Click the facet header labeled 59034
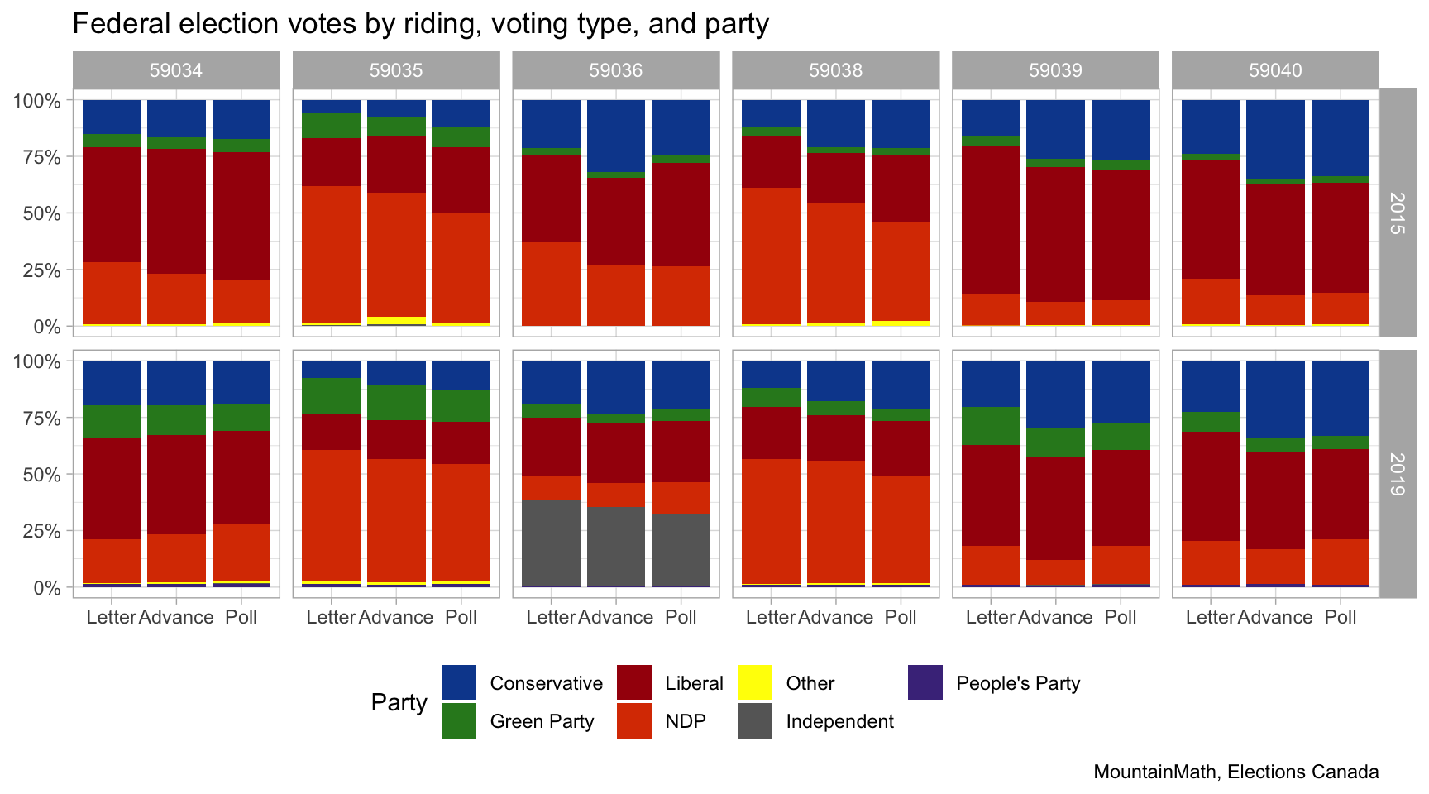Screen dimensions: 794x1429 [x=176, y=70]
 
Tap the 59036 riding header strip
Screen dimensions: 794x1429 [x=616, y=70]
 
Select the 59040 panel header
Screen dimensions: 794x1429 [x=1275, y=70]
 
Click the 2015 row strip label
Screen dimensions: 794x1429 [x=1397, y=213]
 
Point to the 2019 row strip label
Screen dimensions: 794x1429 [x=1397, y=474]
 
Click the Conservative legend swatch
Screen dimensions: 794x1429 [x=459, y=682]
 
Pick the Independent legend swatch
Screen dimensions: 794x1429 [x=754, y=720]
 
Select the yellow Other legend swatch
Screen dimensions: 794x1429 [x=754, y=682]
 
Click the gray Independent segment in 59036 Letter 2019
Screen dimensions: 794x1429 [x=551, y=543]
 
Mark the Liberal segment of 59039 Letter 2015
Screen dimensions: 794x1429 [x=991, y=219]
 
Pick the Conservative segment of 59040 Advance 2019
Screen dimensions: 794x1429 [x=1275, y=399]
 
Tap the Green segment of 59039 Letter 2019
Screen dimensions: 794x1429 [x=991, y=425]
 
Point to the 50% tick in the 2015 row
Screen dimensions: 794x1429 [x=36, y=213]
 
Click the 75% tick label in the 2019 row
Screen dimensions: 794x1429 [x=36, y=419]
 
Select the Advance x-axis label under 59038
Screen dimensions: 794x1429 [x=836, y=617]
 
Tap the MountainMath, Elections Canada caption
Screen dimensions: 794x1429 [x=1235, y=772]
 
